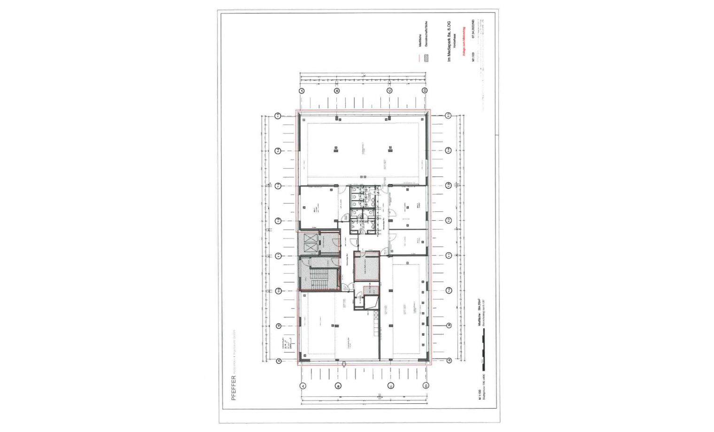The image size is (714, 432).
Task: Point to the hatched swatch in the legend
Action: [426, 59]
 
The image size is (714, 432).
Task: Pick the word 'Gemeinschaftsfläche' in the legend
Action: [426, 35]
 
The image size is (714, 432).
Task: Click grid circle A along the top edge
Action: [302, 91]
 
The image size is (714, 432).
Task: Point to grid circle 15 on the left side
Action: [278, 116]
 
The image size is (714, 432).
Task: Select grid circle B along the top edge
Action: [337, 91]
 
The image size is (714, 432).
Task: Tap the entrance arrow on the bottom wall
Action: [344, 363]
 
